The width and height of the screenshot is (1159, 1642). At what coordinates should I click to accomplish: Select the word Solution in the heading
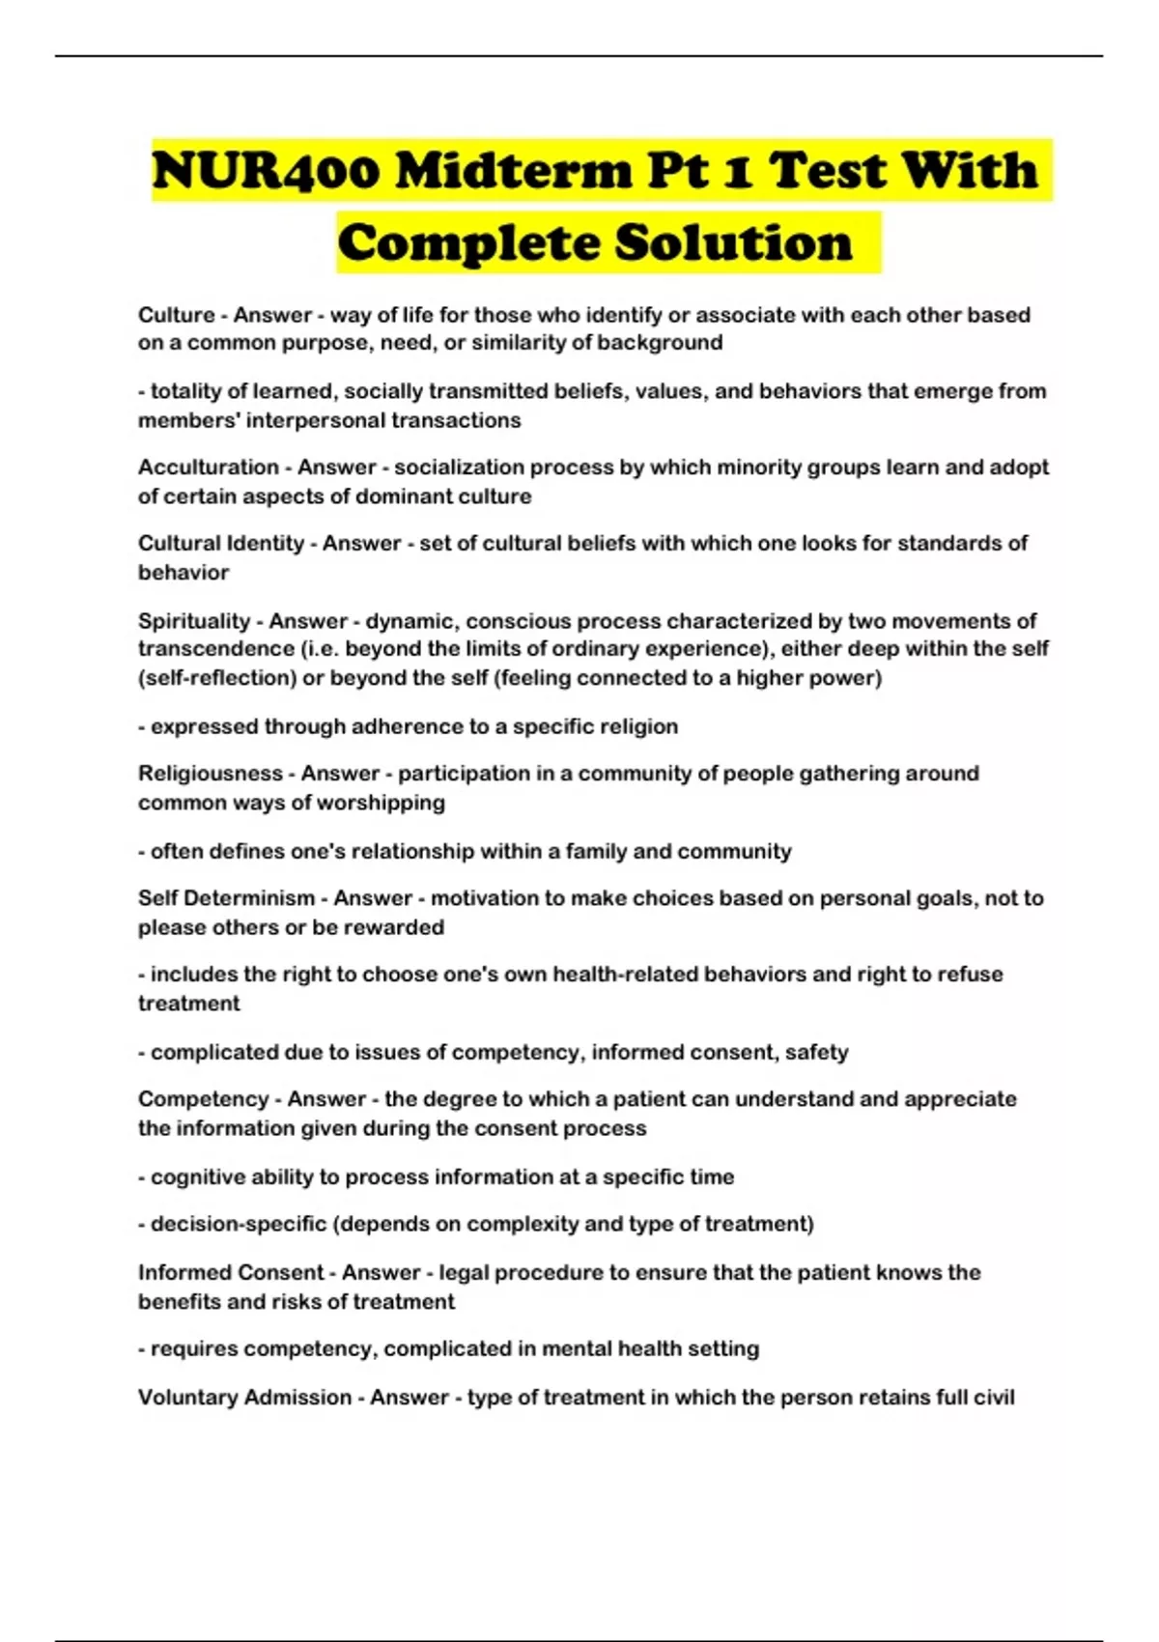coord(733,242)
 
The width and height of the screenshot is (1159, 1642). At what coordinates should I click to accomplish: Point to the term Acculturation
coord(209,467)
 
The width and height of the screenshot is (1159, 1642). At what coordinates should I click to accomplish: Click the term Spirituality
coord(194,621)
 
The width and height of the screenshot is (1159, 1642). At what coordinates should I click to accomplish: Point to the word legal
coord(463,1273)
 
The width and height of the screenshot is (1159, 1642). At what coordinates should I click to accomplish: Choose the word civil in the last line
coord(995,1398)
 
